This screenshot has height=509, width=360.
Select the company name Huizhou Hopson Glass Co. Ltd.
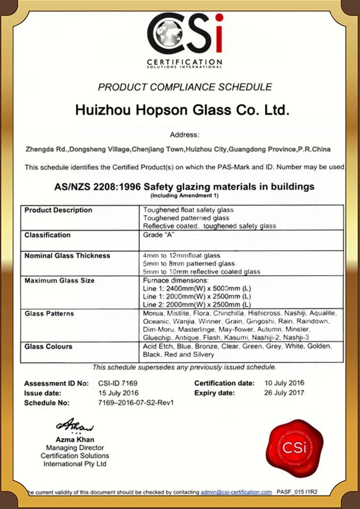click(182, 110)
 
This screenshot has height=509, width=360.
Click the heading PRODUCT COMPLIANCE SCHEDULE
click(185, 87)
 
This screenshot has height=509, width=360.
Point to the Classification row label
click(48, 235)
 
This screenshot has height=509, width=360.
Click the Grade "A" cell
click(156, 235)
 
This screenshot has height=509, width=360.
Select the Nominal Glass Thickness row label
click(67, 256)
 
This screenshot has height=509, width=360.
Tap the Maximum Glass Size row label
click(60, 280)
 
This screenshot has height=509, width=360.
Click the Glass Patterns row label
click(49, 313)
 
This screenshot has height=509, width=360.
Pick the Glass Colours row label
click(48, 346)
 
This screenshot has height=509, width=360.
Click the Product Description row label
click(58, 210)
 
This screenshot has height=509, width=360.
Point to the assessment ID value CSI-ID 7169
click(117, 383)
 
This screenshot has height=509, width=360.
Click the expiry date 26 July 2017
click(285, 393)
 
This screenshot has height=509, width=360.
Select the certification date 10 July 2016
click(285, 383)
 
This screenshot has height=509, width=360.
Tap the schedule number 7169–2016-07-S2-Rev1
click(135, 402)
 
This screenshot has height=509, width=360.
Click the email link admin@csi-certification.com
click(237, 492)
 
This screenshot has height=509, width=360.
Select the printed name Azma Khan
click(75, 439)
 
